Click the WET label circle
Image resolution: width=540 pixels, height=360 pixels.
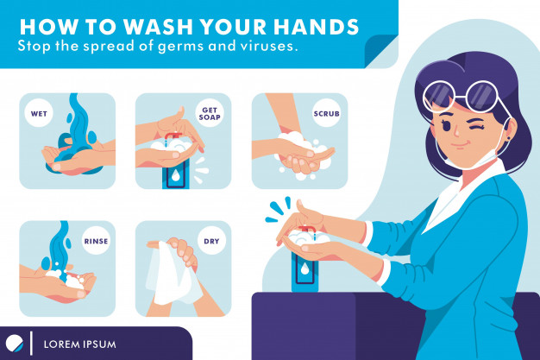point(39,113)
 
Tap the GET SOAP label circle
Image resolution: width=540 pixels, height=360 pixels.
point(210,113)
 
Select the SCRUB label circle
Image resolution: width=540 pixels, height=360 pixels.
point(326,113)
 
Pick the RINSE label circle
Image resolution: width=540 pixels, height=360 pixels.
point(96,241)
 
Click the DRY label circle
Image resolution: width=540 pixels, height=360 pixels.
point(211,241)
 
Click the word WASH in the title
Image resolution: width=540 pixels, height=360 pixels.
point(158,27)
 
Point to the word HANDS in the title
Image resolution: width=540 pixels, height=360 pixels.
point(317,27)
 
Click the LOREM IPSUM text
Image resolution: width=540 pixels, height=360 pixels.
point(80,344)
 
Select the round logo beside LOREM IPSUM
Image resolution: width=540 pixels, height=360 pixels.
point(15,343)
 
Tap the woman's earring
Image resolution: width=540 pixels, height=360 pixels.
point(508,139)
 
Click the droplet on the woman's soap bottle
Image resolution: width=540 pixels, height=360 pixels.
point(305,269)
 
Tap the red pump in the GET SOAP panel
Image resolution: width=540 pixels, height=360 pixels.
point(171,136)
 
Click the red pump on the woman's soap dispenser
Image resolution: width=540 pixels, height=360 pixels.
point(306,230)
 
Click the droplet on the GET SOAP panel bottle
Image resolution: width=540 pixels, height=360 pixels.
point(176,176)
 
